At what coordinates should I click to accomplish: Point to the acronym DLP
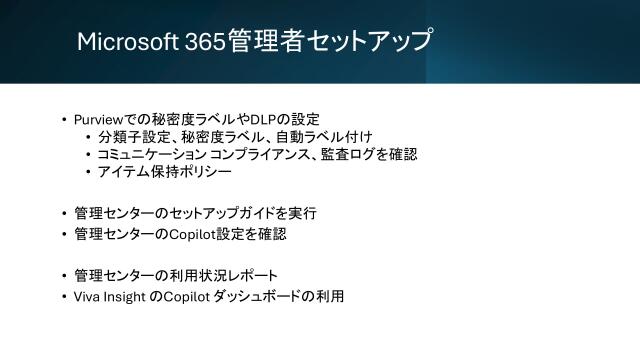[x=258, y=118]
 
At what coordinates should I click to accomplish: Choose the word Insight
[x=126, y=297]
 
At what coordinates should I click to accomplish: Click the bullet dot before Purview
[x=64, y=119]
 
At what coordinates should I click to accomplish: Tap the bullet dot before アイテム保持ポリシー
[x=88, y=173]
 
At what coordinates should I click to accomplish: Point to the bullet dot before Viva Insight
[x=64, y=298]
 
